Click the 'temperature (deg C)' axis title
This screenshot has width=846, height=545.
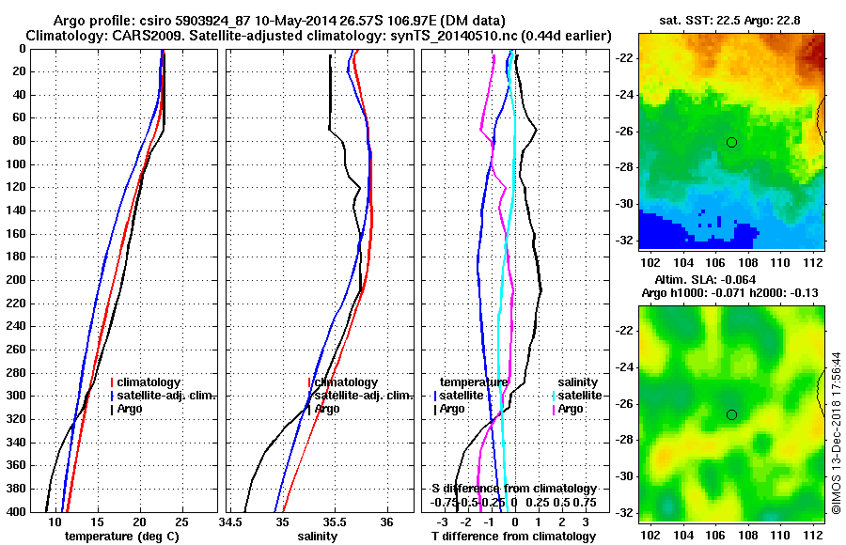(122, 537)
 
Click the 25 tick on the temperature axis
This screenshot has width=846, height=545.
(182, 522)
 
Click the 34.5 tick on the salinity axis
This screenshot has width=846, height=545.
(231, 522)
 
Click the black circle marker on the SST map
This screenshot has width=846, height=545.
(731, 142)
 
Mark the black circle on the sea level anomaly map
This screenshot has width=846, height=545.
(731, 414)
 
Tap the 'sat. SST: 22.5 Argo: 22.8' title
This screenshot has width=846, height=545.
(728, 20)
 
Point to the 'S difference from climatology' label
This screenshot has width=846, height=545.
(513, 489)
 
